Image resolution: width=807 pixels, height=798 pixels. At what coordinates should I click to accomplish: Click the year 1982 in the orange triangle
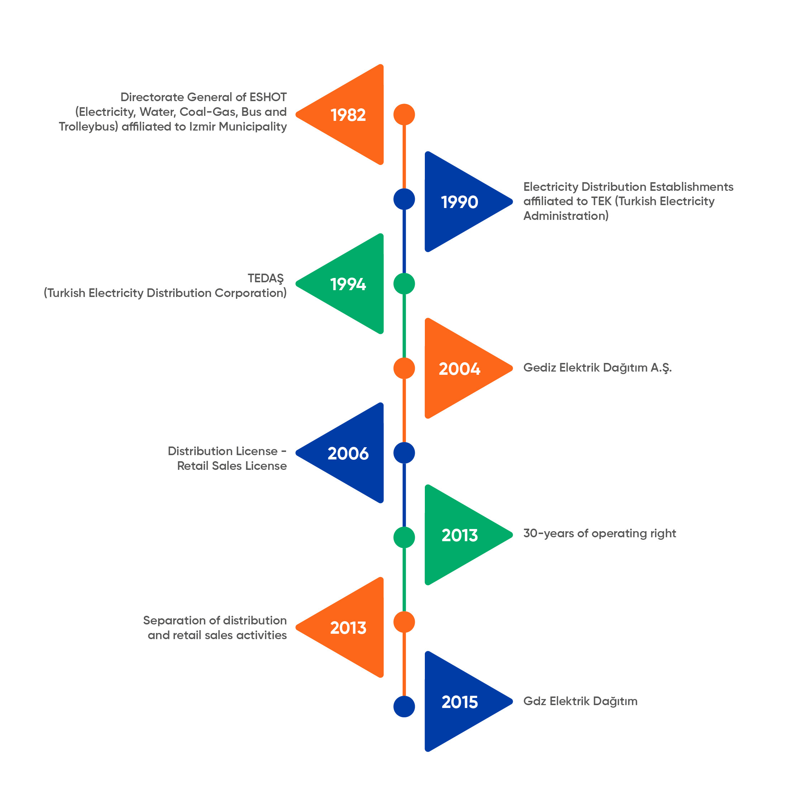coord(348,115)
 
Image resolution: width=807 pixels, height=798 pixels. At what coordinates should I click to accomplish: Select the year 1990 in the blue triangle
coord(460,202)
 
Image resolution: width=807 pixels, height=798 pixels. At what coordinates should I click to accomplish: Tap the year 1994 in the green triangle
coord(348,284)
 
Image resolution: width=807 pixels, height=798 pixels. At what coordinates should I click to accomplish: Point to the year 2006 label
coord(348,453)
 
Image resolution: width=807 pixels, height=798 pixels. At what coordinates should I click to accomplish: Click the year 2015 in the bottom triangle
coord(460,702)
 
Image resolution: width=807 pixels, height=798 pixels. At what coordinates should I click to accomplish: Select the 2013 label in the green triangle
coord(460,535)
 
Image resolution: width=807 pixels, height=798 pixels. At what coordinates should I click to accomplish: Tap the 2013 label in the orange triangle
coord(348,628)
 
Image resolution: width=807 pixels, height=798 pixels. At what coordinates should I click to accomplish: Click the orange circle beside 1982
coord(404,114)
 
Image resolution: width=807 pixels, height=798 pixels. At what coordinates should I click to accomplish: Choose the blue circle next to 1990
coord(404,199)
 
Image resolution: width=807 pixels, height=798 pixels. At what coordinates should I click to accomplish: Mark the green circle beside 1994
coord(404,284)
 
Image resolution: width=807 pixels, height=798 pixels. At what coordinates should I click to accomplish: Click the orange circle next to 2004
coord(404,368)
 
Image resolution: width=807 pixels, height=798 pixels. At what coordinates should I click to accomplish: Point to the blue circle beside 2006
coord(404,453)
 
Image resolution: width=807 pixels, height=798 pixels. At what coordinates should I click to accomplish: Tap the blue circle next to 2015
coord(404,707)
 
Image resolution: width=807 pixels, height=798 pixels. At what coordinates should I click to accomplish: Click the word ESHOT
coord(268,97)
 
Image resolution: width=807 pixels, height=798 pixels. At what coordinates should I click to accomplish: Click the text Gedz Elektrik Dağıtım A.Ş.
coord(597,368)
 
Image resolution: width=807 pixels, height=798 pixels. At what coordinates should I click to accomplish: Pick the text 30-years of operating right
coord(599,534)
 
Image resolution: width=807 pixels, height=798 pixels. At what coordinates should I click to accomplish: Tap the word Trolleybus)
coord(89,127)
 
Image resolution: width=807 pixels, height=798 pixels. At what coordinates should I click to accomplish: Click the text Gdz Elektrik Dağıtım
coord(580,701)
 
